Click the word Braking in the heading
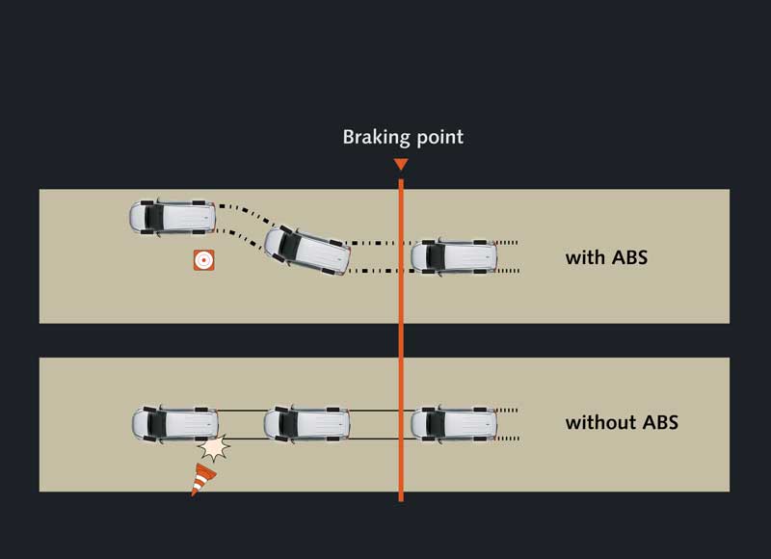(377, 138)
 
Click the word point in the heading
(440, 137)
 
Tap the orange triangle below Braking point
(401, 164)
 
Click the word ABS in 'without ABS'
(660, 422)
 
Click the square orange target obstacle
(203, 260)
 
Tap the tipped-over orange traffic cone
(202, 479)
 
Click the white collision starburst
(214, 447)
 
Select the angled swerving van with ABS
(307, 251)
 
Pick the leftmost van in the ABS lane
(173, 217)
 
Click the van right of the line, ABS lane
(453, 256)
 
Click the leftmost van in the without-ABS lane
(175, 424)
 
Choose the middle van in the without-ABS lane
(306, 424)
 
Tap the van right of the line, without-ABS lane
(453, 424)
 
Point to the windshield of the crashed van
(157, 424)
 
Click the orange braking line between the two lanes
(401, 340)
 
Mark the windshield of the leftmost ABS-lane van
(154, 217)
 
